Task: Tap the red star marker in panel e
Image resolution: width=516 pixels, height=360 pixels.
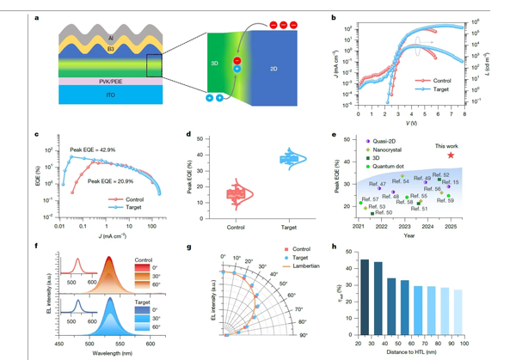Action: (451, 156)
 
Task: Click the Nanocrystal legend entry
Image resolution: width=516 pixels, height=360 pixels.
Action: (390, 150)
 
